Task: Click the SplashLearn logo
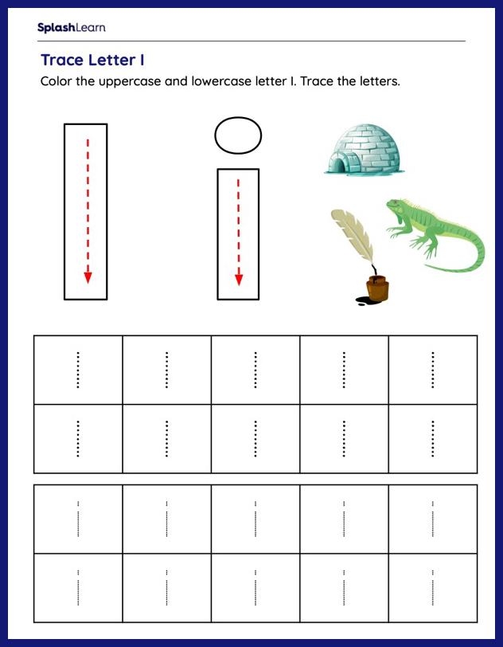(x=71, y=28)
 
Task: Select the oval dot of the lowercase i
(x=238, y=134)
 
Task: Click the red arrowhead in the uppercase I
(x=88, y=277)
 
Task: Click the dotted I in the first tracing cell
(x=78, y=370)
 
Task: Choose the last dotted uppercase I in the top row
(x=432, y=370)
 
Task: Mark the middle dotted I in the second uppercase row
(x=255, y=439)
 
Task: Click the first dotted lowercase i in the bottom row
(x=78, y=587)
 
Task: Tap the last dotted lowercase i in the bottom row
(x=432, y=587)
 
